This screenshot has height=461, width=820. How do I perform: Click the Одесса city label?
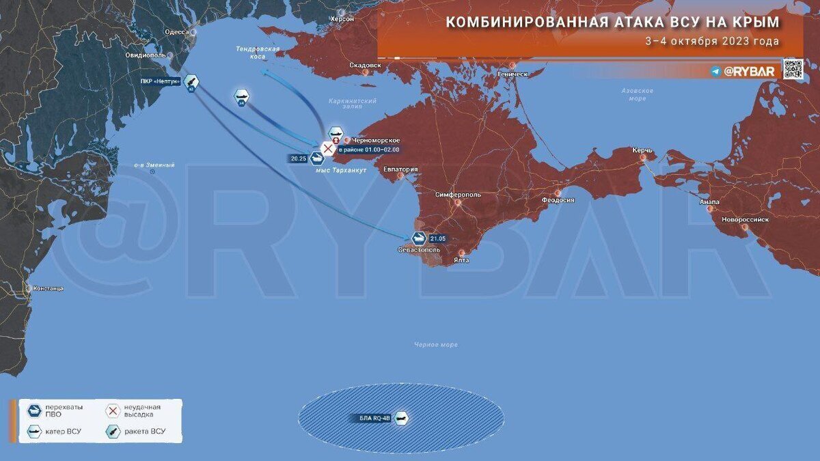tap(177, 32)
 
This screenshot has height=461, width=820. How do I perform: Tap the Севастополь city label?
tap(419, 251)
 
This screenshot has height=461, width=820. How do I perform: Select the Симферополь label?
tap(458, 195)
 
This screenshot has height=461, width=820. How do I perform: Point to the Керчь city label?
tap(642, 150)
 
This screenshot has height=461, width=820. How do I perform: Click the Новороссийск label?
tap(746, 220)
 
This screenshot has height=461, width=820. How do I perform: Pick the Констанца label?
tap(48, 288)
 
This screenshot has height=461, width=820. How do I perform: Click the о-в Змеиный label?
tap(154, 165)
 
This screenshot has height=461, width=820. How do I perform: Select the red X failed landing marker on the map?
tap(328, 148)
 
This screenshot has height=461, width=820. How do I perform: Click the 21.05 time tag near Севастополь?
tap(438, 238)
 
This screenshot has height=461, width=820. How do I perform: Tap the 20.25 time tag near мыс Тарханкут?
tap(299, 158)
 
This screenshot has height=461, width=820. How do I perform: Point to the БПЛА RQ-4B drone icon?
tap(401, 418)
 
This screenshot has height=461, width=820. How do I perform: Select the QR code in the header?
tap(793, 70)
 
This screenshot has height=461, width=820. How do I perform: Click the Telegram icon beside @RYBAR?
tap(715, 71)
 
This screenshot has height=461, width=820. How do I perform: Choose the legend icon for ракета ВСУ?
tap(113, 432)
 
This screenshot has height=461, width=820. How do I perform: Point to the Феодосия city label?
tap(558, 200)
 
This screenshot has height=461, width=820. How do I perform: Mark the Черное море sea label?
tap(435, 345)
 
